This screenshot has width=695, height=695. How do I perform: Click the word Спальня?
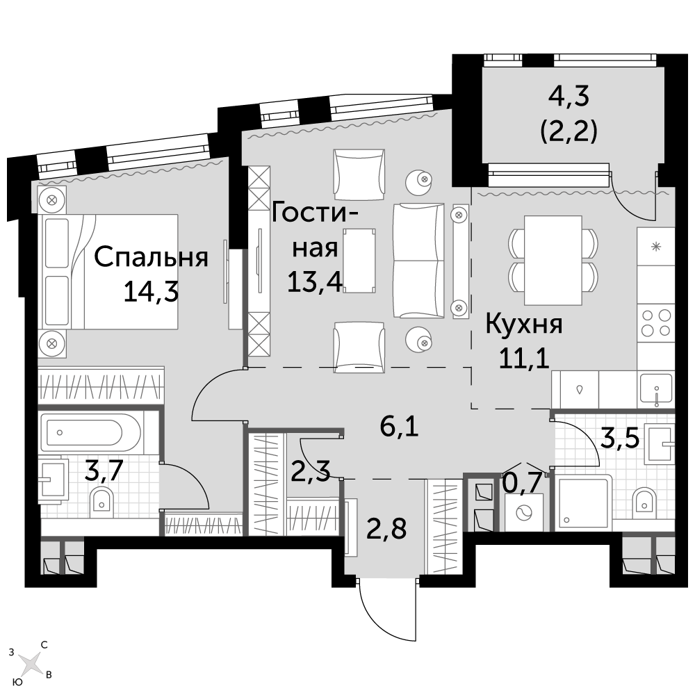coord(151,258)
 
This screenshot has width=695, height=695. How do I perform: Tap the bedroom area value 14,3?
coord(151,292)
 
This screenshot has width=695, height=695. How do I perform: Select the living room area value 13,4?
coord(315,282)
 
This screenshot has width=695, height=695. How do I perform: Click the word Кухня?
coord(524,324)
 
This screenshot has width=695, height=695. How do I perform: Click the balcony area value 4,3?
coord(569,97)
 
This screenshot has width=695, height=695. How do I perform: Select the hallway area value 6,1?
coord(400,427)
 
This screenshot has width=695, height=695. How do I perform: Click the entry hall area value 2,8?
coord(386,528)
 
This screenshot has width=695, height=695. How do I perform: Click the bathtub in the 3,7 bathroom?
coord(90,432)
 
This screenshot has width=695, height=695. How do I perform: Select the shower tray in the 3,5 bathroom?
coord(582,502)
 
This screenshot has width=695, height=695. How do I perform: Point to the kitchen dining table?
coord(553,261)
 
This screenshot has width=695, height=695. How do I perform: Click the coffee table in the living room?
coord(359,260)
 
